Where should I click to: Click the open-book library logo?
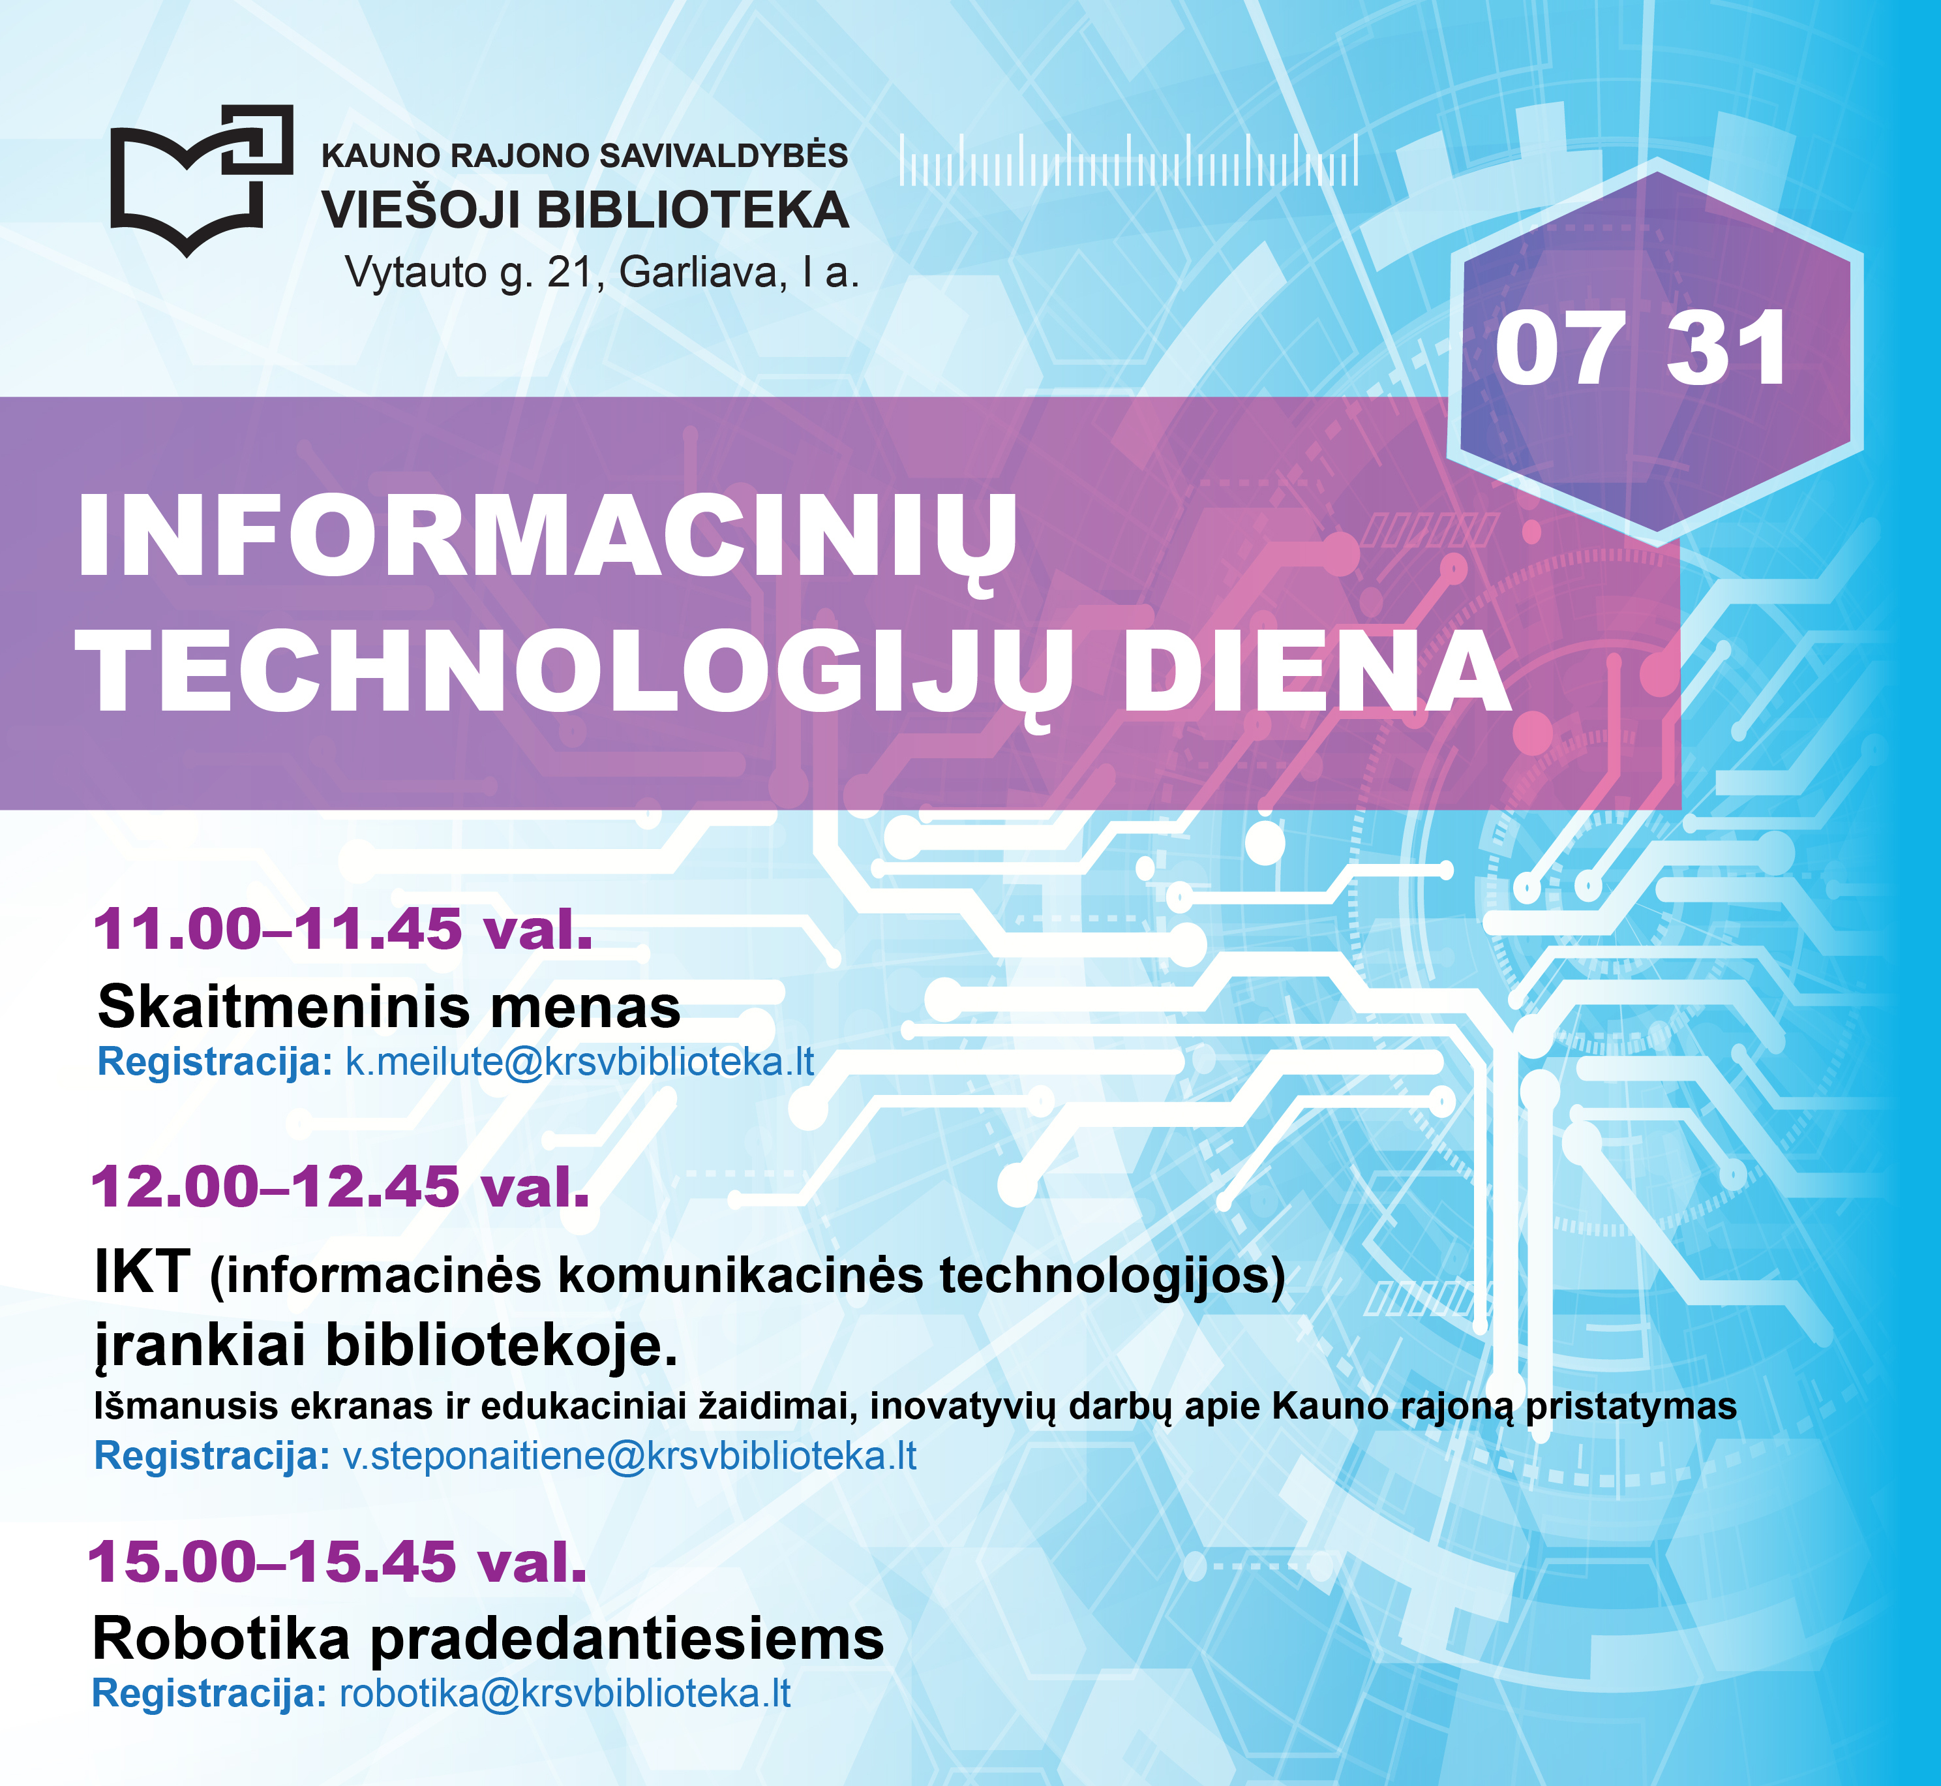(x=201, y=179)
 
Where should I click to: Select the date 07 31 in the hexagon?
(x=1640, y=349)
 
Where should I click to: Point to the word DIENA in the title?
(x=1316, y=671)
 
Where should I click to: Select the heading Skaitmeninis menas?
(x=389, y=1006)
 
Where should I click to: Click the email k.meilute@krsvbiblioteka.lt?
(x=580, y=1061)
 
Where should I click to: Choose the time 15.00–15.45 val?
(x=337, y=1562)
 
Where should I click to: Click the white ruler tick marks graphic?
(x=1128, y=159)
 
